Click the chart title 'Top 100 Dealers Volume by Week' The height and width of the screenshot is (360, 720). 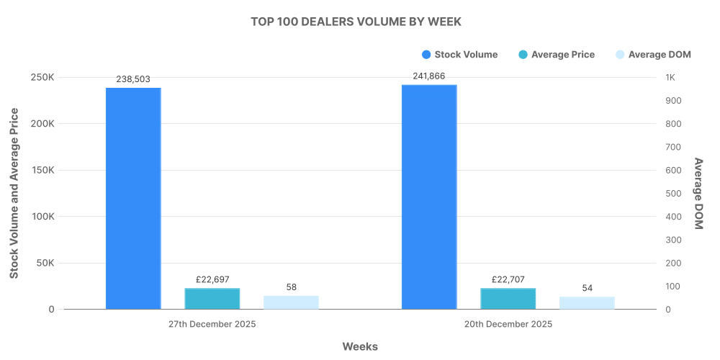point(356,22)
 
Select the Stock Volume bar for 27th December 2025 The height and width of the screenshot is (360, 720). point(133,199)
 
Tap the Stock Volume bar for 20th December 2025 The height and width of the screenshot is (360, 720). point(429,197)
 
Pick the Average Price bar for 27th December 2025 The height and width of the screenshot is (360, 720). point(212,299)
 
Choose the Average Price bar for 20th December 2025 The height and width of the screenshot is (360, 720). point(508,299)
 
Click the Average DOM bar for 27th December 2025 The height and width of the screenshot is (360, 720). point(291,302)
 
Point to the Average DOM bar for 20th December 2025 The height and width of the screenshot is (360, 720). point(587,303)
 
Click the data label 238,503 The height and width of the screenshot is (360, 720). point(133,79)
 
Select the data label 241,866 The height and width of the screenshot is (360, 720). point(429,76)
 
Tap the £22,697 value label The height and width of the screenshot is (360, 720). point(212,279)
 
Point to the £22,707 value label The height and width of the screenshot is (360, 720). point(508,279)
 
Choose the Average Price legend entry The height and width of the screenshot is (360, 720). point(556,55)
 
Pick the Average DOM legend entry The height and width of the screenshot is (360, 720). point(649,55)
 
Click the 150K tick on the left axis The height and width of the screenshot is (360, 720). point(42,171)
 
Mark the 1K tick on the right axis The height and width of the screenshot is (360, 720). point(670,78)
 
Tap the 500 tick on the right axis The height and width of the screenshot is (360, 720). point(672,194)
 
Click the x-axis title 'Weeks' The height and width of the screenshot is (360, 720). point(360,346)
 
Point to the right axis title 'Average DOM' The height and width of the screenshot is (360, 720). point(698,193)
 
